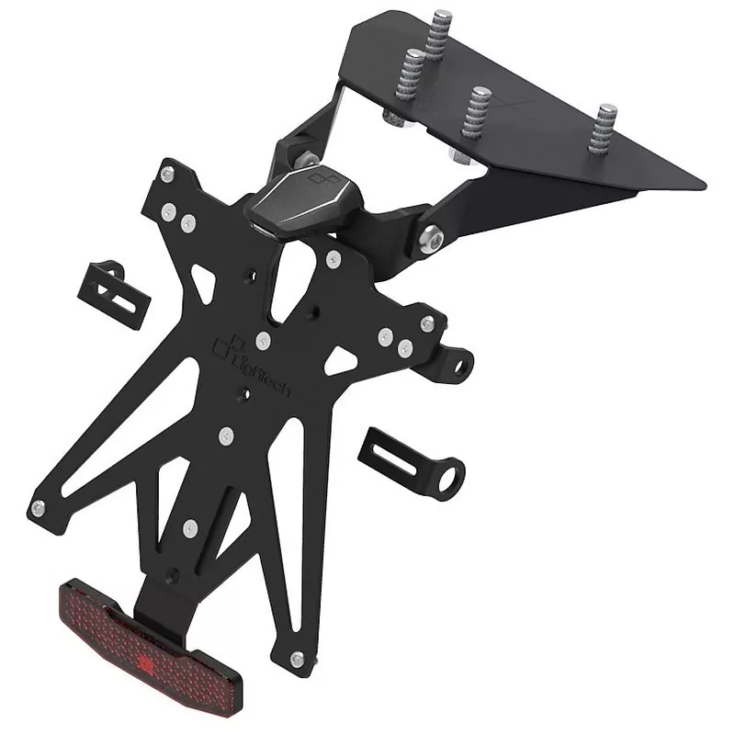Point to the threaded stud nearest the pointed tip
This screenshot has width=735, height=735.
coord(605,124)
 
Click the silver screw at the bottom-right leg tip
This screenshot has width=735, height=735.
coord(296,659)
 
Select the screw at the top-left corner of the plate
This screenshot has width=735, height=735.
coord(166,172)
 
